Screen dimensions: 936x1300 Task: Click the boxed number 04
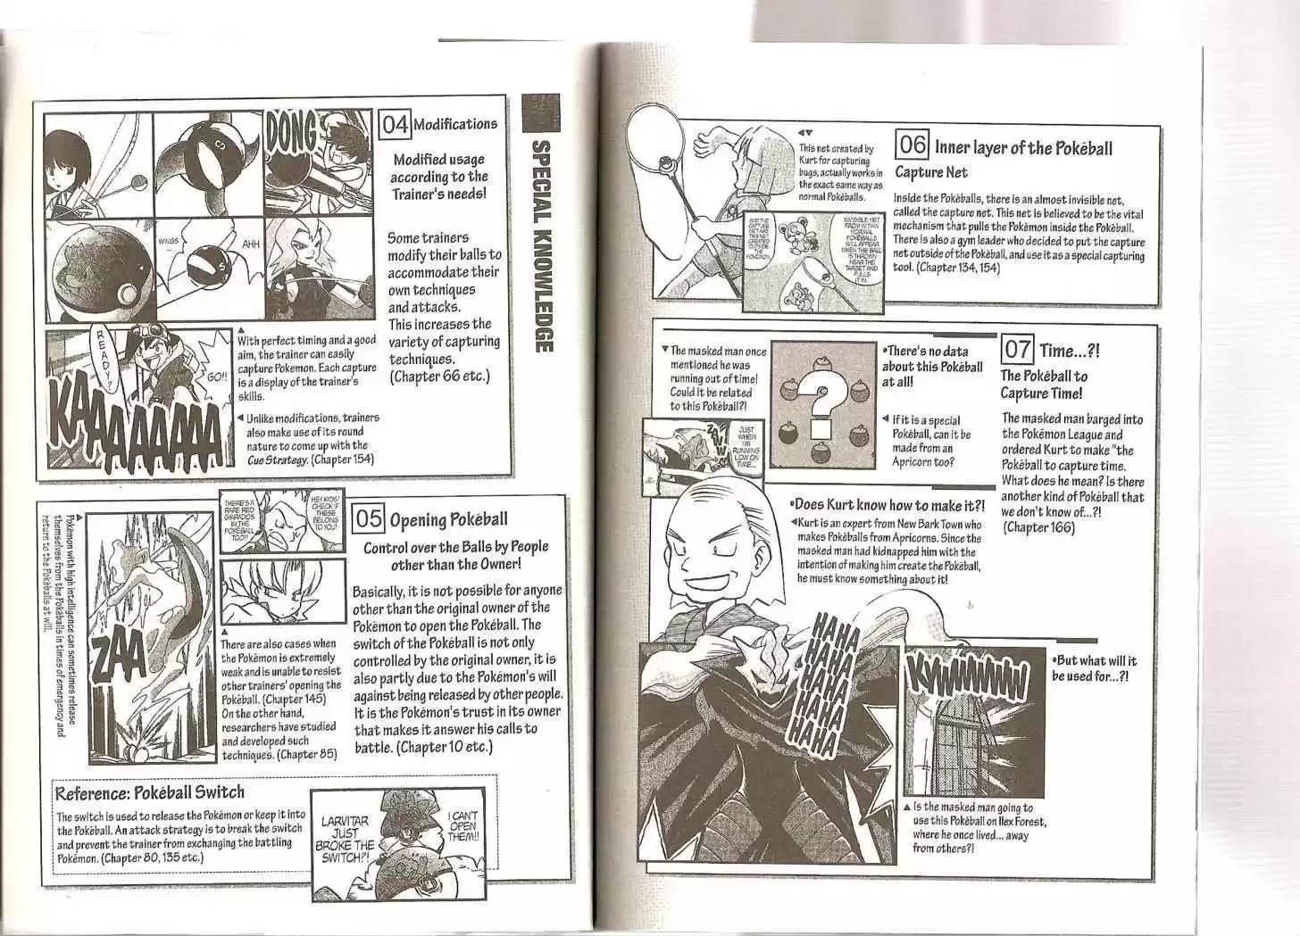pos(395,124)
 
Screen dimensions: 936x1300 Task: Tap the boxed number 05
pos(369,519)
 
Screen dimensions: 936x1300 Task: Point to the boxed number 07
pos(1016,350)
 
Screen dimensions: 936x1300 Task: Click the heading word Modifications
pos(454,124)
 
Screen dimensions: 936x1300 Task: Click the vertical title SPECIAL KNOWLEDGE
pos(541,245)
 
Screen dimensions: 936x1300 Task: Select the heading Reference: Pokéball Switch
pos(149,792)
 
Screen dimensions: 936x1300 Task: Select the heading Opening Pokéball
pos(448,520)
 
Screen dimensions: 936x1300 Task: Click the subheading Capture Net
pos(930,172)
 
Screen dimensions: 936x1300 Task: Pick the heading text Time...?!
pos(1070,351)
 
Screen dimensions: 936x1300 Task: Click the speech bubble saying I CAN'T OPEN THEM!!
pos(463,826)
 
